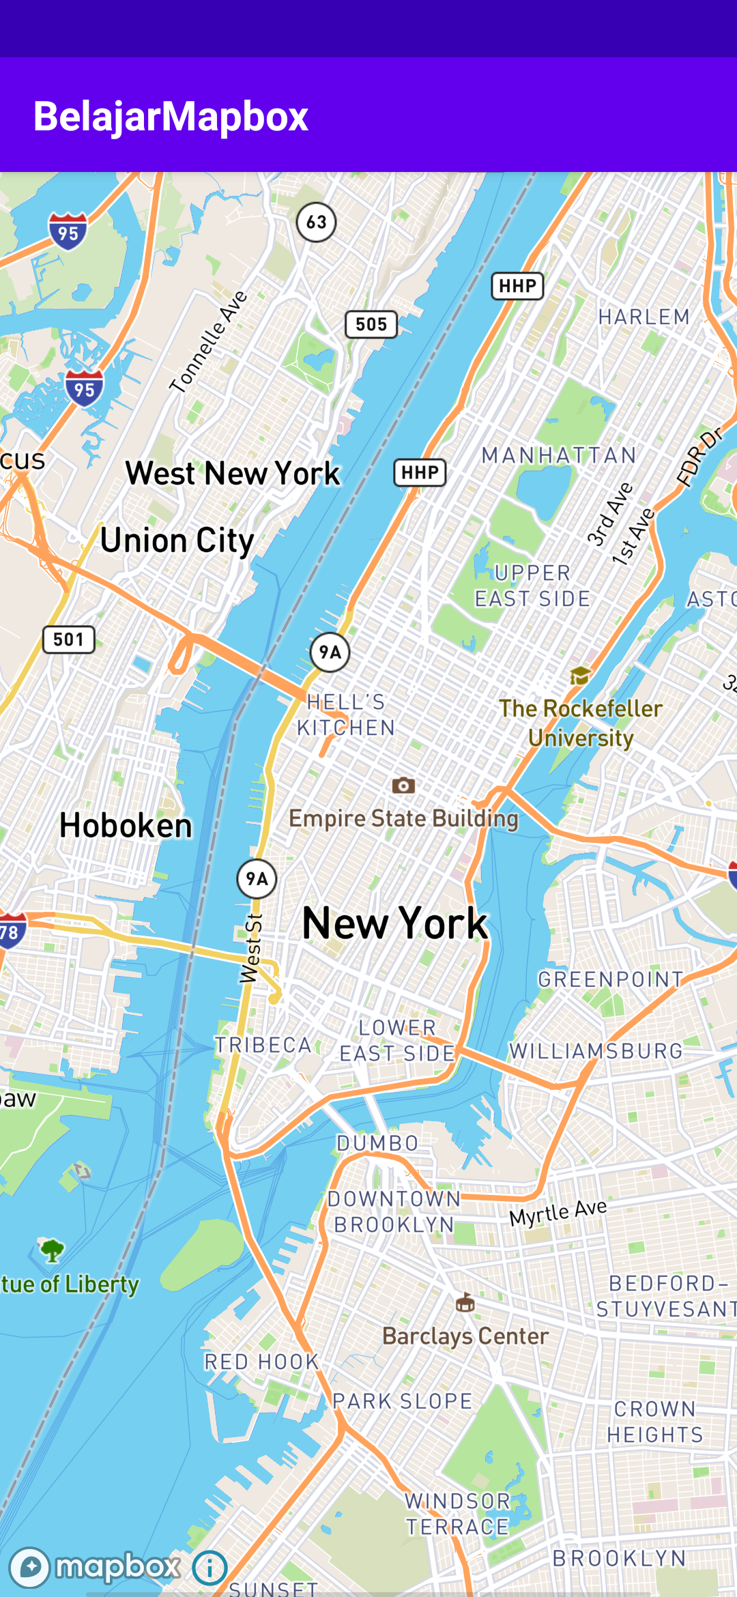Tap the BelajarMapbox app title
pos(171,116)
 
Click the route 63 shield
pos(316,222)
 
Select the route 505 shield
pos(371,324)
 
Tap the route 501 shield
pos(68,639)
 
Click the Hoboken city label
pos(126,826)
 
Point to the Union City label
pos(177,541)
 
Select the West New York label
pos(233,473)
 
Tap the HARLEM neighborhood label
pos(644,317)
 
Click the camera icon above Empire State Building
pos(403,786)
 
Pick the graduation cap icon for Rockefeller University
pos(580,676)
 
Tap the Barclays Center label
pos(465,1336)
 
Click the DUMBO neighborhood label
pos(377,1143)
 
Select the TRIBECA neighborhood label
pos(263,1045)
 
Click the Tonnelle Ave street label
pos(209,342)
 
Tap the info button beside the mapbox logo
pos(209,1568)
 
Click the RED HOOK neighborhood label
pos(261,1362)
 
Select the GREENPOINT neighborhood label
pos(610,979)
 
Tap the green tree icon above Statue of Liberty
pos(52,1250)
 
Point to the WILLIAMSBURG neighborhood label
pos(596,1051)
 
